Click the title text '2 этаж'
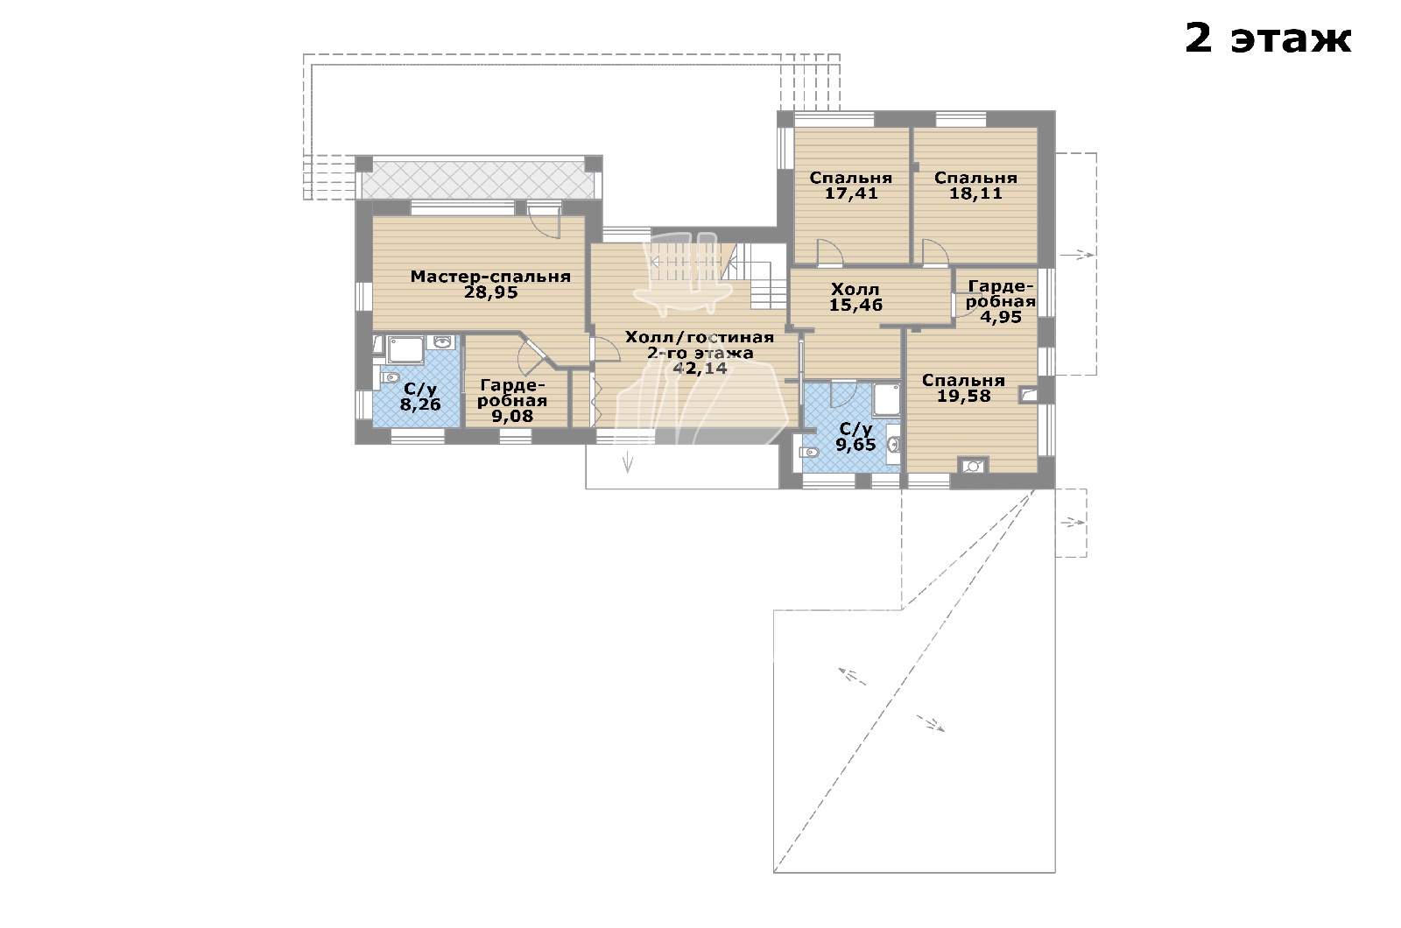(1268, 39)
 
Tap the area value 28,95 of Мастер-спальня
(491, 292)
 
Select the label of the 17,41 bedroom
(850, 179)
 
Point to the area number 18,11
(975, 193)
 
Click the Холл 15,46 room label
(855, 297)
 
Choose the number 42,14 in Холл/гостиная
(700, 369)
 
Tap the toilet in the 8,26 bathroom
(390, 377)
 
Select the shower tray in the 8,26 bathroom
(406, 349)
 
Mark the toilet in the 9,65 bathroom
(810, 452)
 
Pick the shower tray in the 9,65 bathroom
(886, 400)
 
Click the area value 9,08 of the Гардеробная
(512, 416)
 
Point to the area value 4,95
(1001, 317)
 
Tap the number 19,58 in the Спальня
(964, 396)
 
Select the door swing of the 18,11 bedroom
(936, 251)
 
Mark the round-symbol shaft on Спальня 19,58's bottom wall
(973, 466)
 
